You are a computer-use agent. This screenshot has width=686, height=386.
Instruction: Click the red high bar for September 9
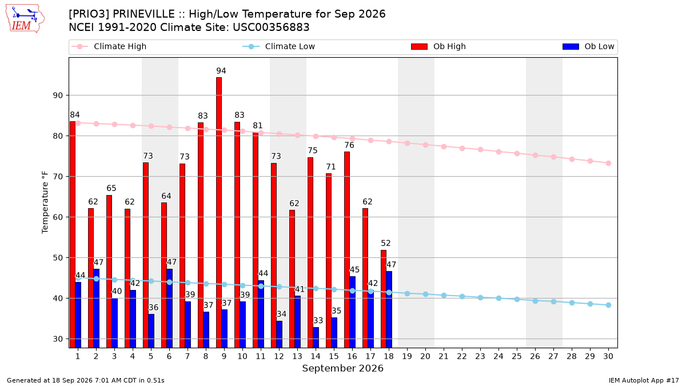click(218, 213)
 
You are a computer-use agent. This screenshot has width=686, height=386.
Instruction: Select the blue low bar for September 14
click(316, 337)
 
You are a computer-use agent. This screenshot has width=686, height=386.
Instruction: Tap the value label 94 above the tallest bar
click(221, 71)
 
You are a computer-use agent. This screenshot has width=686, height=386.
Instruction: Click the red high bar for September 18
click(384, 299)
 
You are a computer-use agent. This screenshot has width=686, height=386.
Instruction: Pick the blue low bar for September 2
click(96, 308)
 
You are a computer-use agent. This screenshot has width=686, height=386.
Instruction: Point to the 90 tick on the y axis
click(58, 95)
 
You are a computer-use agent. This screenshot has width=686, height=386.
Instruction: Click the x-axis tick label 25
click(517, 356)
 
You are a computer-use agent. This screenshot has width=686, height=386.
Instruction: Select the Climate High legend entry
click(109, 46)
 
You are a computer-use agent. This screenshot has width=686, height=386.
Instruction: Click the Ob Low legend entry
click(588, 46)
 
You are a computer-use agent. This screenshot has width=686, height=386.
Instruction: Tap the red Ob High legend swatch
click(419, 46)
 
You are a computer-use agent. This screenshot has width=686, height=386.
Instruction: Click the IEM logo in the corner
click(25, 19)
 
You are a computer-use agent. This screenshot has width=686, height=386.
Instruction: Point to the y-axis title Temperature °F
click(45, 202)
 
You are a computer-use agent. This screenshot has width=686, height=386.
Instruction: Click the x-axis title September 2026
click(342, 368)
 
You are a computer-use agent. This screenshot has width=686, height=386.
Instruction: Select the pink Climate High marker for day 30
click(608, 164)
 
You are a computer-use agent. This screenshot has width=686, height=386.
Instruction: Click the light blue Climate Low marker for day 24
click(498, 298)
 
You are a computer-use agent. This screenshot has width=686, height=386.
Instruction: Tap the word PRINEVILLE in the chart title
click(143, 14)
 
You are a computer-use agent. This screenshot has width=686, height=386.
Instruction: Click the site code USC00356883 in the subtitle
click(271, 27)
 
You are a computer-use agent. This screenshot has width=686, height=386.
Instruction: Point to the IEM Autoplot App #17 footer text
click(644, 380)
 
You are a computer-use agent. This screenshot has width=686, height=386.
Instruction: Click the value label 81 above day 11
click(258, 126)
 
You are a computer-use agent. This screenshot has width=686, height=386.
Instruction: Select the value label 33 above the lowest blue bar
click(318, 320)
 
